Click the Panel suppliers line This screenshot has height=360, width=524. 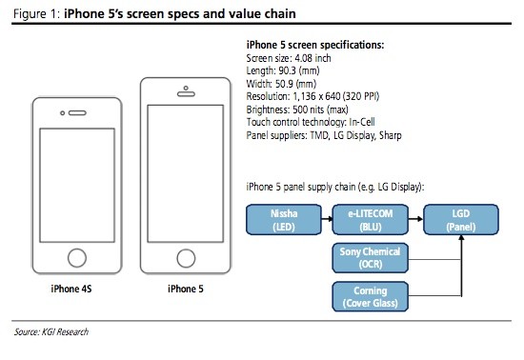pos(322,134)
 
